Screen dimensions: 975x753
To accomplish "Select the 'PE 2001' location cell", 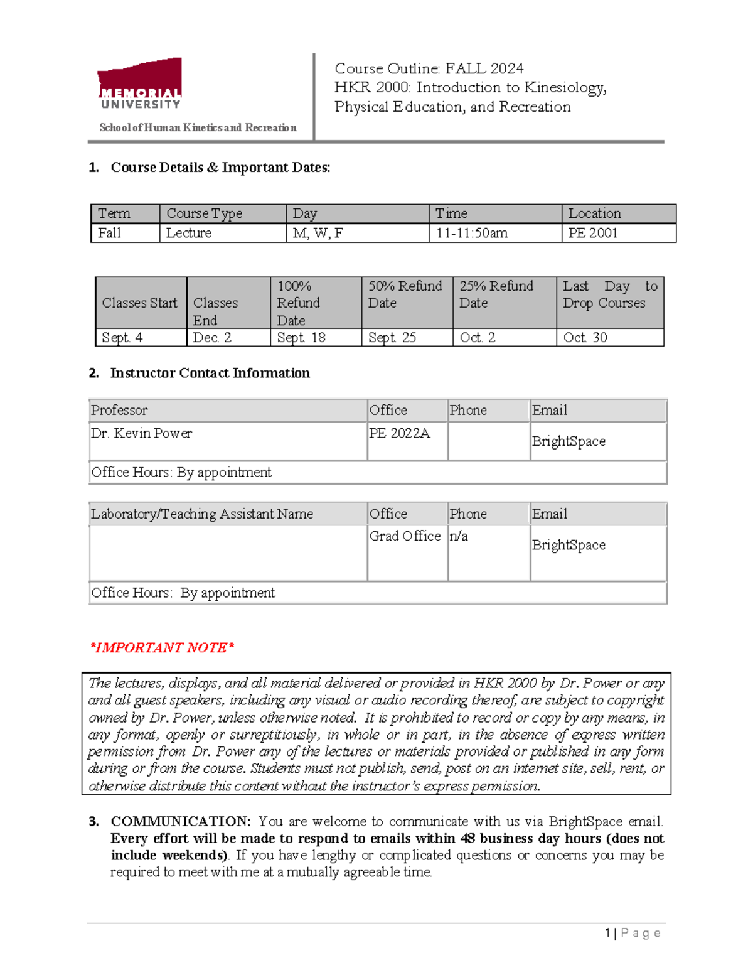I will (593, 233).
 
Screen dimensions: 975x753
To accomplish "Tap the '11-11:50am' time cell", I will (472, 233).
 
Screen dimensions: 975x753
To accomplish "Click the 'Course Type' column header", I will (204, 213).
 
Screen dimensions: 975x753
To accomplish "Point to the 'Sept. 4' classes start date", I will (122, 337).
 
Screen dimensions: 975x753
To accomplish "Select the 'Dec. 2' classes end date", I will (212, 337).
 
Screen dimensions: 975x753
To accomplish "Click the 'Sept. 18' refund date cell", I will (301, 337).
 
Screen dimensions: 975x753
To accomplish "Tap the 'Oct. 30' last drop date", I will (585, 337).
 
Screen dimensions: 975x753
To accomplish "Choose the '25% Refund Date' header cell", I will (496, 294).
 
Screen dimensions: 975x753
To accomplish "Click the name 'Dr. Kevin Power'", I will (141, 433).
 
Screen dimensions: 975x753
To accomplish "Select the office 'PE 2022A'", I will (400, 433).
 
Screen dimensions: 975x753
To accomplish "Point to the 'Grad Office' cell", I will (405, 536).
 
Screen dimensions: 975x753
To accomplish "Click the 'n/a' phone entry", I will (459, 536).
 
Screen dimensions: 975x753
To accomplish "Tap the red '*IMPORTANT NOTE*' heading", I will (162, 647).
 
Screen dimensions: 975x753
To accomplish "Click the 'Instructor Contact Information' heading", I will (210, 373).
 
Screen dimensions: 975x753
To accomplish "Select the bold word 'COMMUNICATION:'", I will (181, 821).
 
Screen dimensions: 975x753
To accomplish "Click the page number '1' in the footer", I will (607, 933).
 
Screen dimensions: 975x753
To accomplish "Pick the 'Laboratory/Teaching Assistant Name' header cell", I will (202, 514).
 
